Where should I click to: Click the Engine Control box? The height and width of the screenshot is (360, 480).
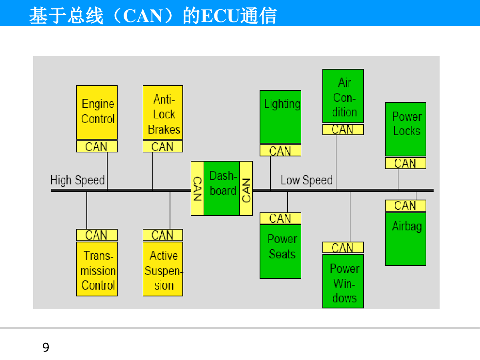coord(97,112)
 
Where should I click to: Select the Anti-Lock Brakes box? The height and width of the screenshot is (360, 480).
coord(163,112)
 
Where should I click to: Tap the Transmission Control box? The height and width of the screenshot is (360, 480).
coord(97,269)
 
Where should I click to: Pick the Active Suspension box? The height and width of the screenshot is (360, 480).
coord(163,269)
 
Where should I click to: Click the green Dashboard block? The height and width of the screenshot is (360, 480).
coord(222,188)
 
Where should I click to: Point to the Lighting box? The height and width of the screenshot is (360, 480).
coord(280,117)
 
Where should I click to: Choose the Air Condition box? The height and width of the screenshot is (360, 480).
coord(343,96)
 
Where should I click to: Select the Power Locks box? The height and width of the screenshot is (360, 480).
coord(406,129)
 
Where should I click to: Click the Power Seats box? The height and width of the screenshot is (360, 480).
coord(280,251)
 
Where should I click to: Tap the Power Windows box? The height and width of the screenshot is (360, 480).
coord(343,281)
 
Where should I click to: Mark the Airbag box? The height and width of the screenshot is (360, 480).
coord(406,239)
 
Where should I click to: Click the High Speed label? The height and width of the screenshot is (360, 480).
coord(78,180)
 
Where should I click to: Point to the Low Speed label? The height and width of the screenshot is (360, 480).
coord(306,180)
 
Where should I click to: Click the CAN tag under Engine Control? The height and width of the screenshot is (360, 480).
coord(97,146)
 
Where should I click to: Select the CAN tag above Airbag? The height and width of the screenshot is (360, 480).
coord(406,206)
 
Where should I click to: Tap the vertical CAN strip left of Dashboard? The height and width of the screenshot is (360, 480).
coord(198,188)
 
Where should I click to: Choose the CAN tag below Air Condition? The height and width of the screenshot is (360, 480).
coord(343,129)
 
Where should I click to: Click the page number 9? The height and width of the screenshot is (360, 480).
coord(46,347)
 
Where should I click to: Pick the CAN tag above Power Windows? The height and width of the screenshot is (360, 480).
coord(343,248)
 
